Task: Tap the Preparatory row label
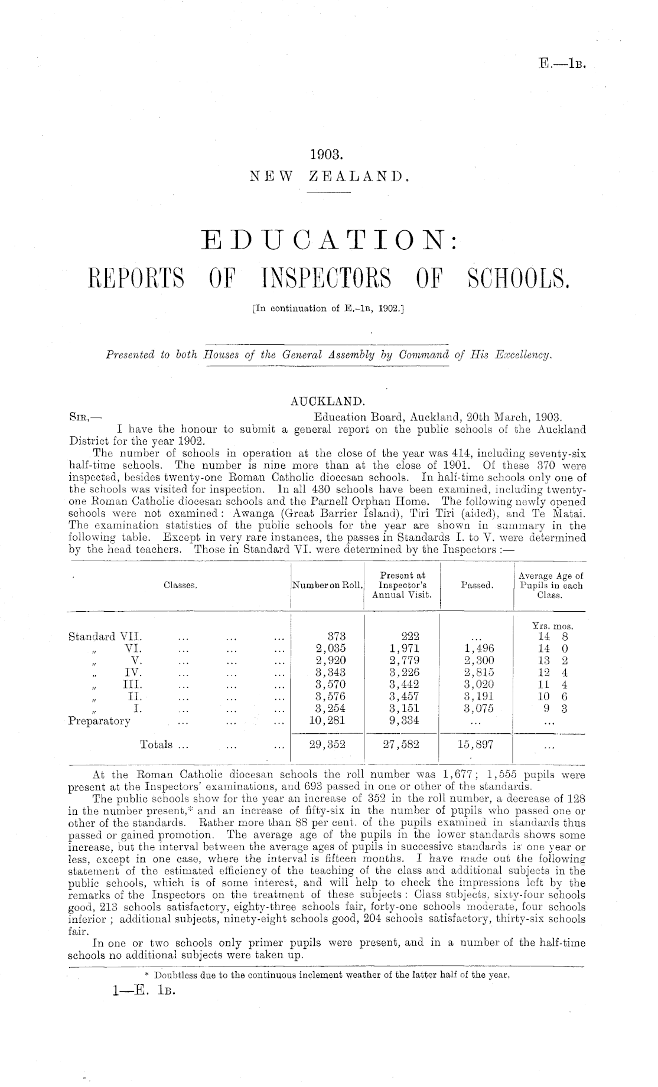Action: pos(100,720)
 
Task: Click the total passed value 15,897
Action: pos(477,745)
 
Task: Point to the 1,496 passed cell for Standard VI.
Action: pos(477,649)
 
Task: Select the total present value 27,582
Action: pos(401,745)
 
